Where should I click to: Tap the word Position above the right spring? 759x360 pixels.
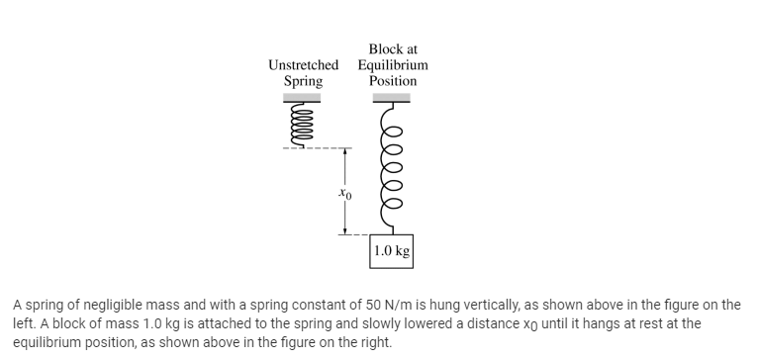[393, 80]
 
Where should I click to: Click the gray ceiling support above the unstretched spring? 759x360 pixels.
[303, 97]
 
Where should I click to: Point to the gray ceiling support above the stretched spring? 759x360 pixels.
[392, 97]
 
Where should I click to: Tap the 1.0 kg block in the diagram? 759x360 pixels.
[392, 251]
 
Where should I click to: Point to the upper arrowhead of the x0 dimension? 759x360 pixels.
[342, 154]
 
